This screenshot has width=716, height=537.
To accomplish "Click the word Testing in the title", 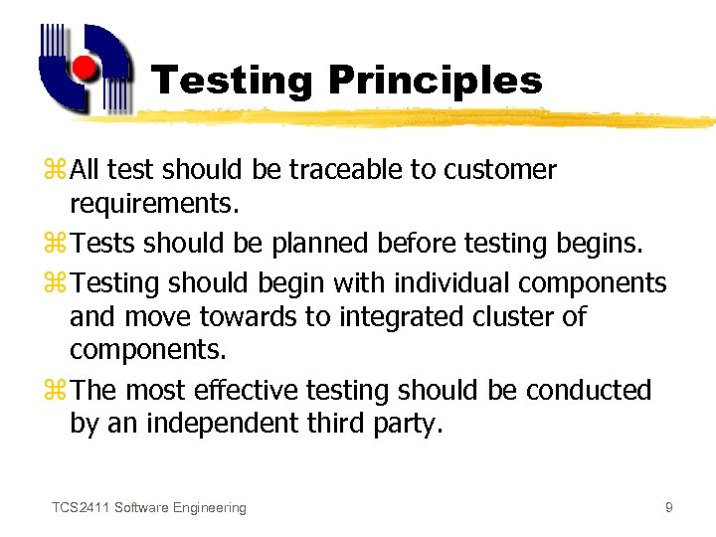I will click(x=232, y=82).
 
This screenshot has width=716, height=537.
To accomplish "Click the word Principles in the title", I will click(x=434, y=82).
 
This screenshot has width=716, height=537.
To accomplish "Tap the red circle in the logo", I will click(x=85, y=68).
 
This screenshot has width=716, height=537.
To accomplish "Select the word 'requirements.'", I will click(x=155, y=206).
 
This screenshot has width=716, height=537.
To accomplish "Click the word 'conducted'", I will click(x=589, y=390).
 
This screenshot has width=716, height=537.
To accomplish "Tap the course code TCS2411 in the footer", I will click(x=80, y=508).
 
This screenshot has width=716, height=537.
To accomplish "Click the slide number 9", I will click(x=669, y=508).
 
